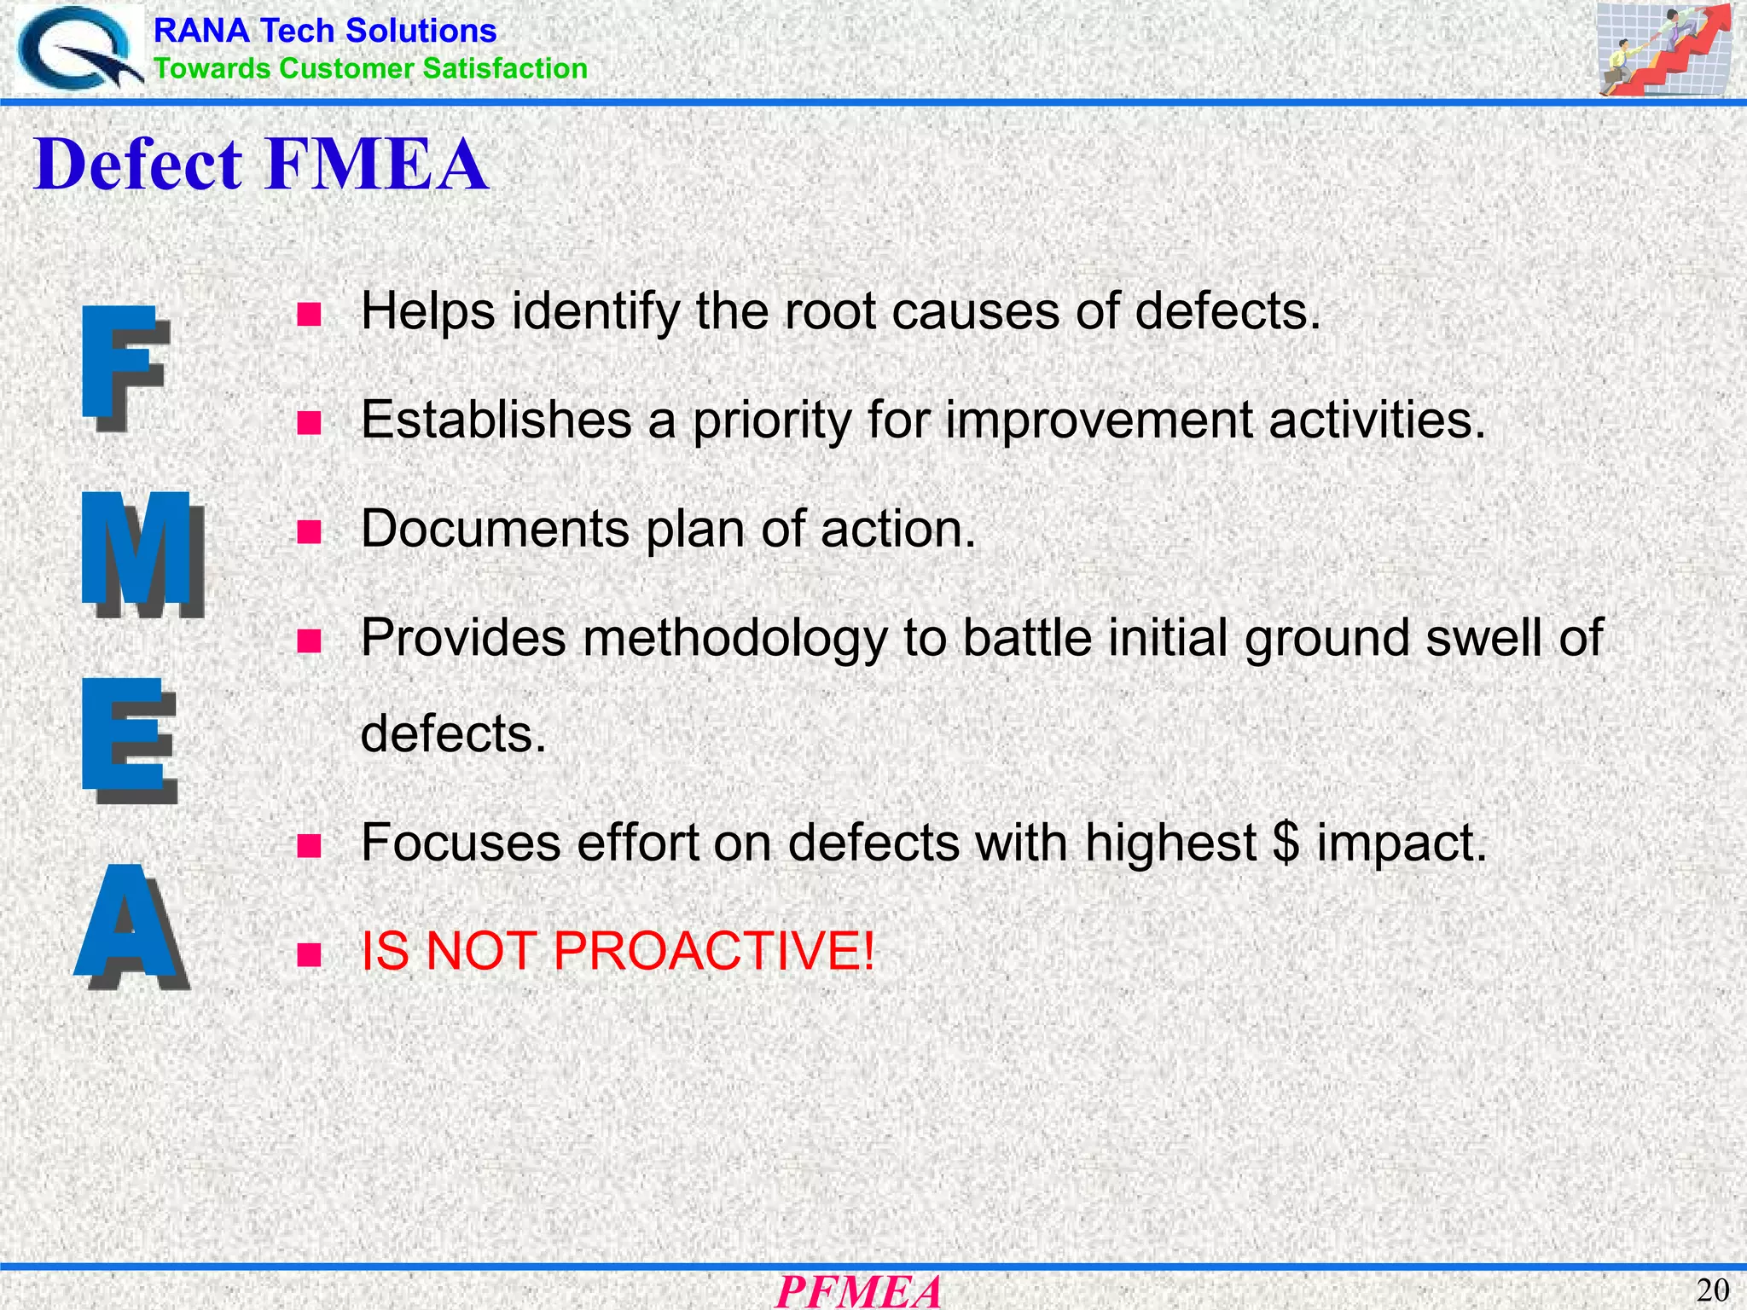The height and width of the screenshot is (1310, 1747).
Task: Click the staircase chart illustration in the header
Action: [1663, 49]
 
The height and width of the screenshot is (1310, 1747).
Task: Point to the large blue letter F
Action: [125, 368]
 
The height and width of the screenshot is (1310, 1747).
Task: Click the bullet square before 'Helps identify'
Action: [309, 314]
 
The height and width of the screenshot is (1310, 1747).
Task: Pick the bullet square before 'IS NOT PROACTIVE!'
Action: [309, 954]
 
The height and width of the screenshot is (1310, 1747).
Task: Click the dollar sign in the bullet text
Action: [1286, 843]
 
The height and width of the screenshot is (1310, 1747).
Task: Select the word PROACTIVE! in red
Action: [714, 950]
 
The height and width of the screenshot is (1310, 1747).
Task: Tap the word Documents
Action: [495, 529]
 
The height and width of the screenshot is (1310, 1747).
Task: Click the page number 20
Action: [1712, 1290]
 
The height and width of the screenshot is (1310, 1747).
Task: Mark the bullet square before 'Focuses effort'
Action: [309, 846]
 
